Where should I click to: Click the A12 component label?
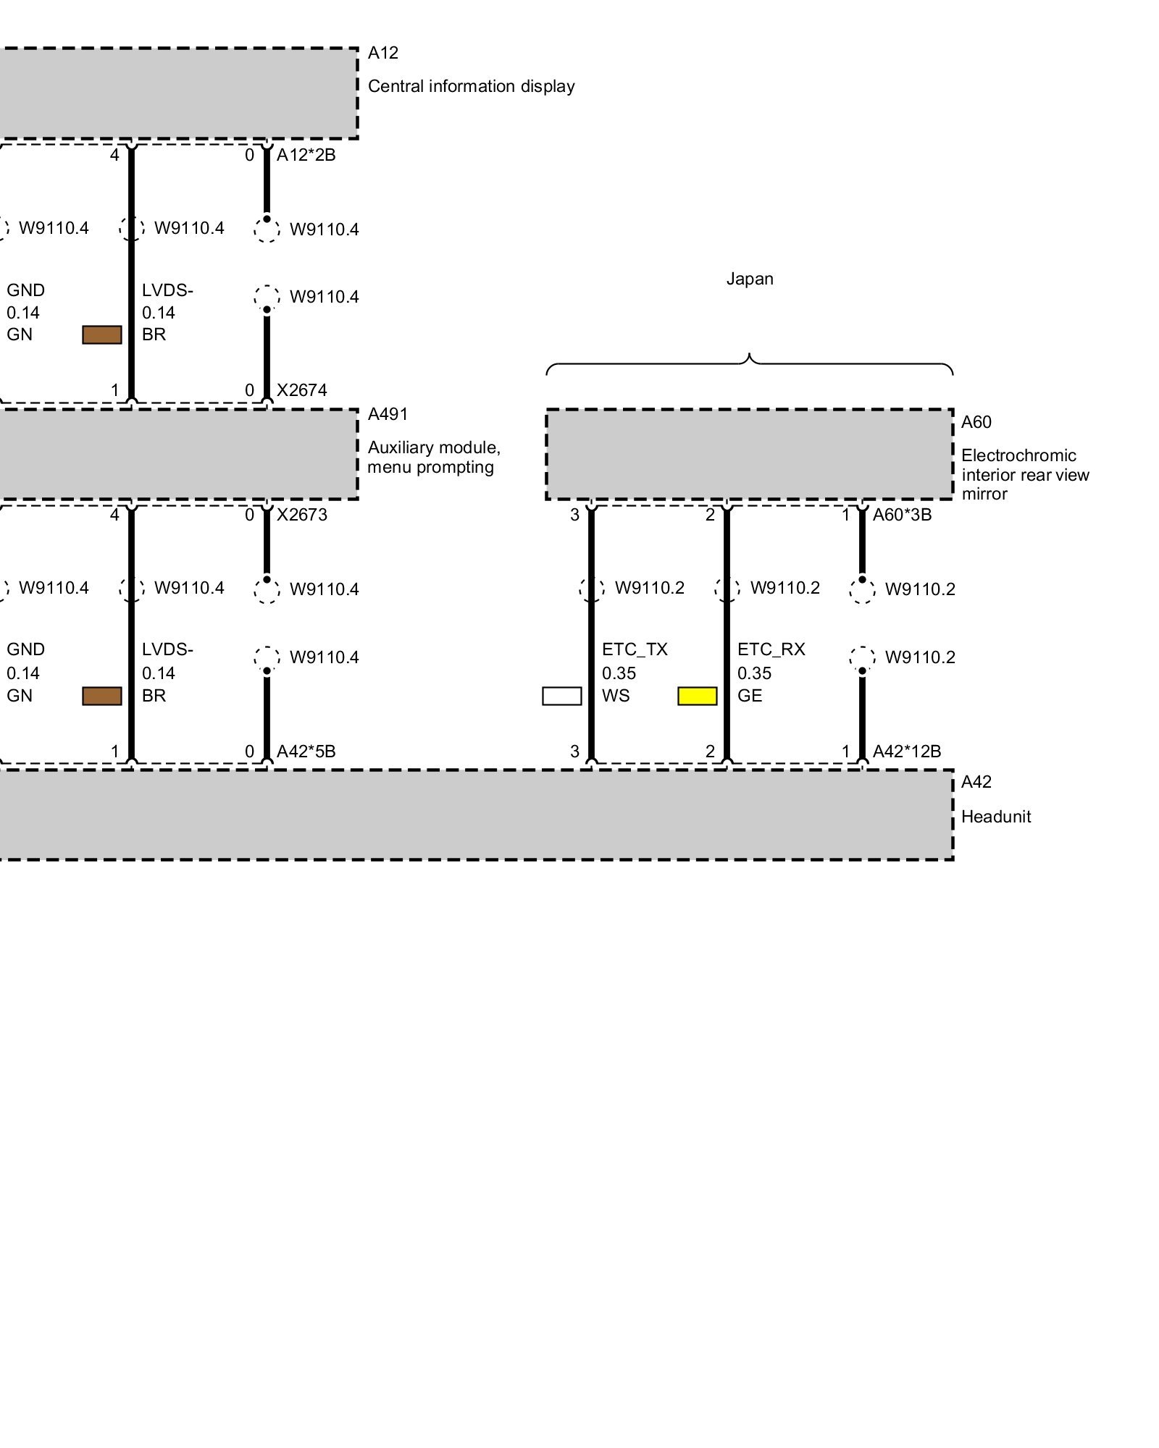[x=383, y=53]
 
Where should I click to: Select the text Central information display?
[x=471, y=86]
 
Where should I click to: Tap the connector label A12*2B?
[x=306, y=155]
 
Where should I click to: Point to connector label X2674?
[x=301, y=390]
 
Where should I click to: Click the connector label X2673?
[x=301, y=515]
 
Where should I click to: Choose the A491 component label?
[x=388, y=414]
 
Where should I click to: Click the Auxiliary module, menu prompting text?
[x=433, y=457]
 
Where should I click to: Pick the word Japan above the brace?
[x=750, y=279]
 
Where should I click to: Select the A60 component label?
[x=976, y=422]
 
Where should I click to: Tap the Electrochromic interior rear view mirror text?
[x=1024, y=474]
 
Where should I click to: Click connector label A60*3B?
[x=902, y=515]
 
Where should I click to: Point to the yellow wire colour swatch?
[x=697, y=696]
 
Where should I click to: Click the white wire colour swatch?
[x=561, y=696]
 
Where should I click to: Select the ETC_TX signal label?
[x=635, y=649]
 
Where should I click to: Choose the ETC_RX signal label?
[x=771, y=649]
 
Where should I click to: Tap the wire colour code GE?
[x=750, y=696]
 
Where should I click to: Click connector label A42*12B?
[x=906, y=752]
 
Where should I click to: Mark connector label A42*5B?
[x=306, y=752]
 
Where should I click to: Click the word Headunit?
[x=995, y=817]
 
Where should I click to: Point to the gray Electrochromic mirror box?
[x=749, y=454]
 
